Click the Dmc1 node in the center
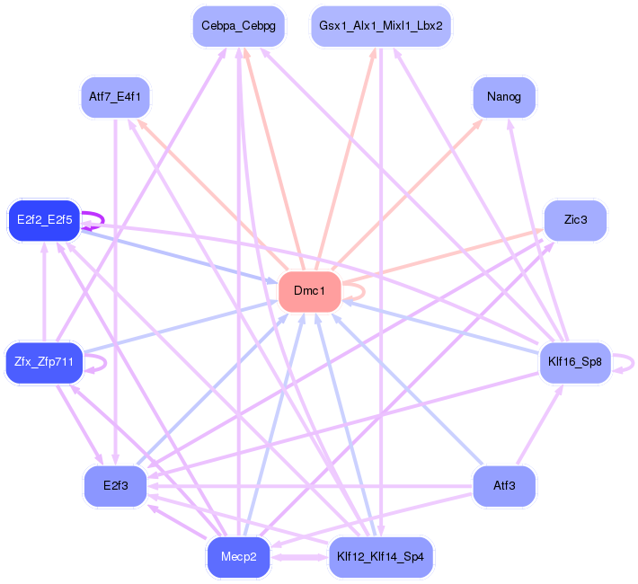tap(309, 292)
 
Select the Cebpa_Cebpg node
tap(238, 26)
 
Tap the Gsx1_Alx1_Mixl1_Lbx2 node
tap(380, 26)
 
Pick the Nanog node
tap(503, 97)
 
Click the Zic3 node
tap(575, 220)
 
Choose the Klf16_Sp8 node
tap(574, 363)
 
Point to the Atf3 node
tap(504, 486)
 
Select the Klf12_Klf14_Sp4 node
tap(381, 558)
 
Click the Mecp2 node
tap(238, 558)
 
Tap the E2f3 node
tap(115, 486)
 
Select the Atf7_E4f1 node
tap(115, 97)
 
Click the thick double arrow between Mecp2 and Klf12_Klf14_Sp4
tap(299, 558)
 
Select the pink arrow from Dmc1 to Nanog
tap(413, 190)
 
